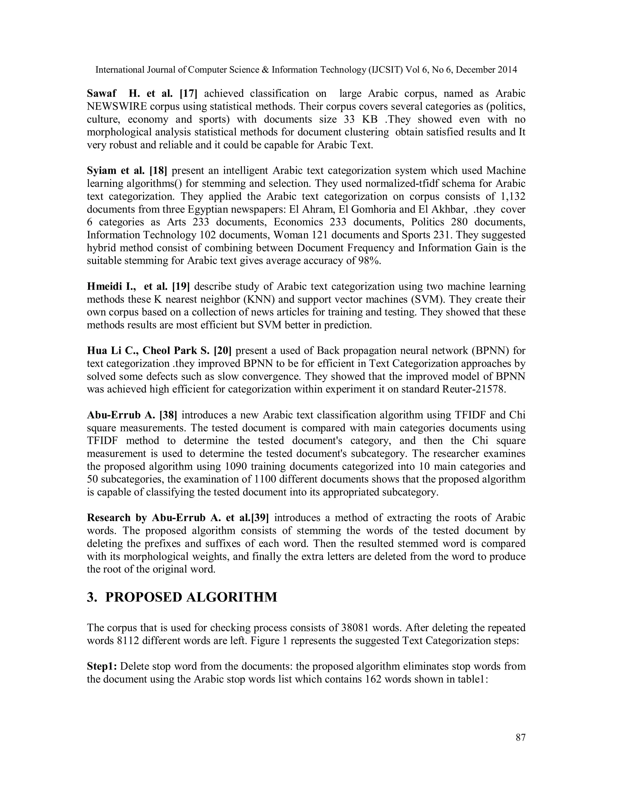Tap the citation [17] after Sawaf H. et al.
click(188, 94)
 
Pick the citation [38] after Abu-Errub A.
click(168, 415)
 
